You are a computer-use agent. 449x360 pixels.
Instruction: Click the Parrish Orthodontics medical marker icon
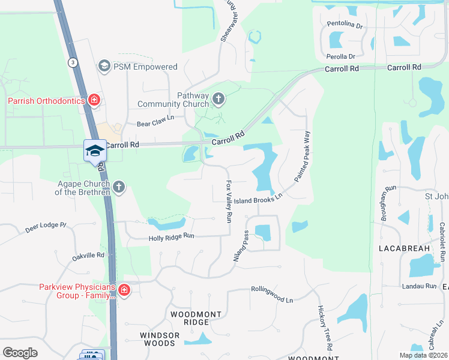click(x=94, y=100)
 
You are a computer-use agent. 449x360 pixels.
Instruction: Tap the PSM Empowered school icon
click(x=104, y=66)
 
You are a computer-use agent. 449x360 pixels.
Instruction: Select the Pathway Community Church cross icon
click(x=218, y=98)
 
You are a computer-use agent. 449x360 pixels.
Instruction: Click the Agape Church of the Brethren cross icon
click(x=119, y=187)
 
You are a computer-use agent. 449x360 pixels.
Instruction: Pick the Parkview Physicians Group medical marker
click(x=124, y=291)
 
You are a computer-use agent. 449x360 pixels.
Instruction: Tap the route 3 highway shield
click(x=73, y=62)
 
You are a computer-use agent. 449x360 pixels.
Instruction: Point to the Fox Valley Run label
click(x=228, y=202)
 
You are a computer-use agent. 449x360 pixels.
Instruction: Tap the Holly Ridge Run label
click(x=172, y=238)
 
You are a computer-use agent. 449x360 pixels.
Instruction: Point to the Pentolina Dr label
click(x=345, y=25)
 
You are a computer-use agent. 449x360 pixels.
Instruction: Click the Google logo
click(x=20, y=353)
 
